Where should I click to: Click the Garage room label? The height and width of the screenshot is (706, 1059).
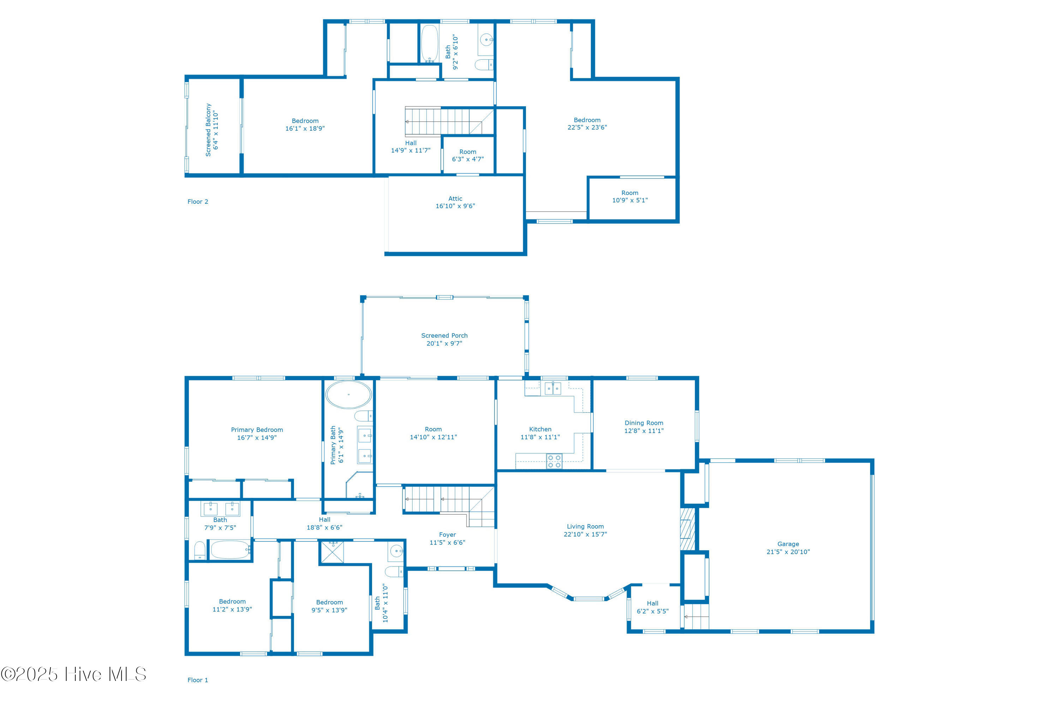[x=788, y=544]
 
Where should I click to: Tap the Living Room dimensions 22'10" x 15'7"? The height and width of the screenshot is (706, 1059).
[x=585, y=534]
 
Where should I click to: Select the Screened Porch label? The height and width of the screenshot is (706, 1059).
[x=444, y=336]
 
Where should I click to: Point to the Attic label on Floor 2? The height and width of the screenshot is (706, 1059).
[x=455, y=198]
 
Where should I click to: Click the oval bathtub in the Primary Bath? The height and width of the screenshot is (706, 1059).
[x=348, y=395]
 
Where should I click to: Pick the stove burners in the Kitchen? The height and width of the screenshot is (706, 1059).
[x=554, y=461]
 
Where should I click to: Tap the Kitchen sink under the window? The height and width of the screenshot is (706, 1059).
[x=553, y=388]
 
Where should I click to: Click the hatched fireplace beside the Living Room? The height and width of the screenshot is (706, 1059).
[x=687, y=529]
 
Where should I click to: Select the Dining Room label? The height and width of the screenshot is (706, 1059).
[x=644, y=423]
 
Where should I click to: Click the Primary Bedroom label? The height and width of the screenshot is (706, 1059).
[x=257, y=429]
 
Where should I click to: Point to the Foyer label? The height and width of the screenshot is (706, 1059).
[x=447, y=534]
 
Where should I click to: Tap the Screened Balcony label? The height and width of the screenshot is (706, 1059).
[x=208, y=130]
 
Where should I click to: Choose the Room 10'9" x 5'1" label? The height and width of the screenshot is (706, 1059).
[x=630, y=196]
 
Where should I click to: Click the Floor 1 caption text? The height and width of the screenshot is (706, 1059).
[x=198, y=680]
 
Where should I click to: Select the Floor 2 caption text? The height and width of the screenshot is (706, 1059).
[x=198, y=201]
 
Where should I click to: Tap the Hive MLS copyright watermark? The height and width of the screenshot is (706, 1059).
[x=73, y=674]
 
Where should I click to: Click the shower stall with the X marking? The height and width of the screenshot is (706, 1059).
[x=332, y=552]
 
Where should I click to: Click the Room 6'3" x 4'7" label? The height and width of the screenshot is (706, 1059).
[x=468, y=155]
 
